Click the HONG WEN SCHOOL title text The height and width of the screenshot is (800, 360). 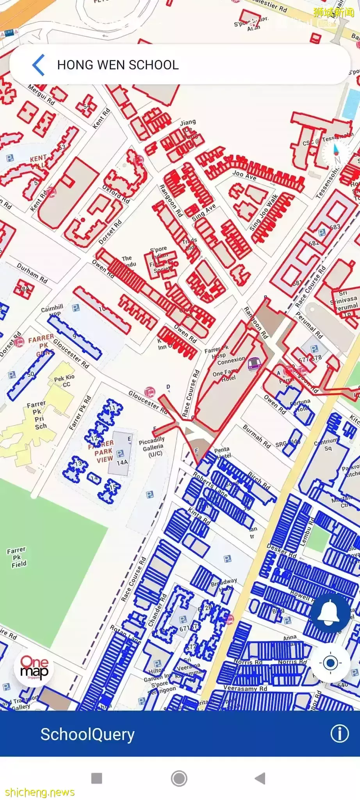click(x=118, y=65)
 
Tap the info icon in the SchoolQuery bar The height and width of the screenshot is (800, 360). click(x=339, y=734)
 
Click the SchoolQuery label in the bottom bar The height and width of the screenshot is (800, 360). click(x=87, y=734)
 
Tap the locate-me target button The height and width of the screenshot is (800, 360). click(x=330, y=663)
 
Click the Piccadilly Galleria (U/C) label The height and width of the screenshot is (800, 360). click(x=152, y=446)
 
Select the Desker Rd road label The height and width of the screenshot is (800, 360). click(x=282, y=551)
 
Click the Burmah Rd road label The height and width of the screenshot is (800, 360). click(x=257, y=436)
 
